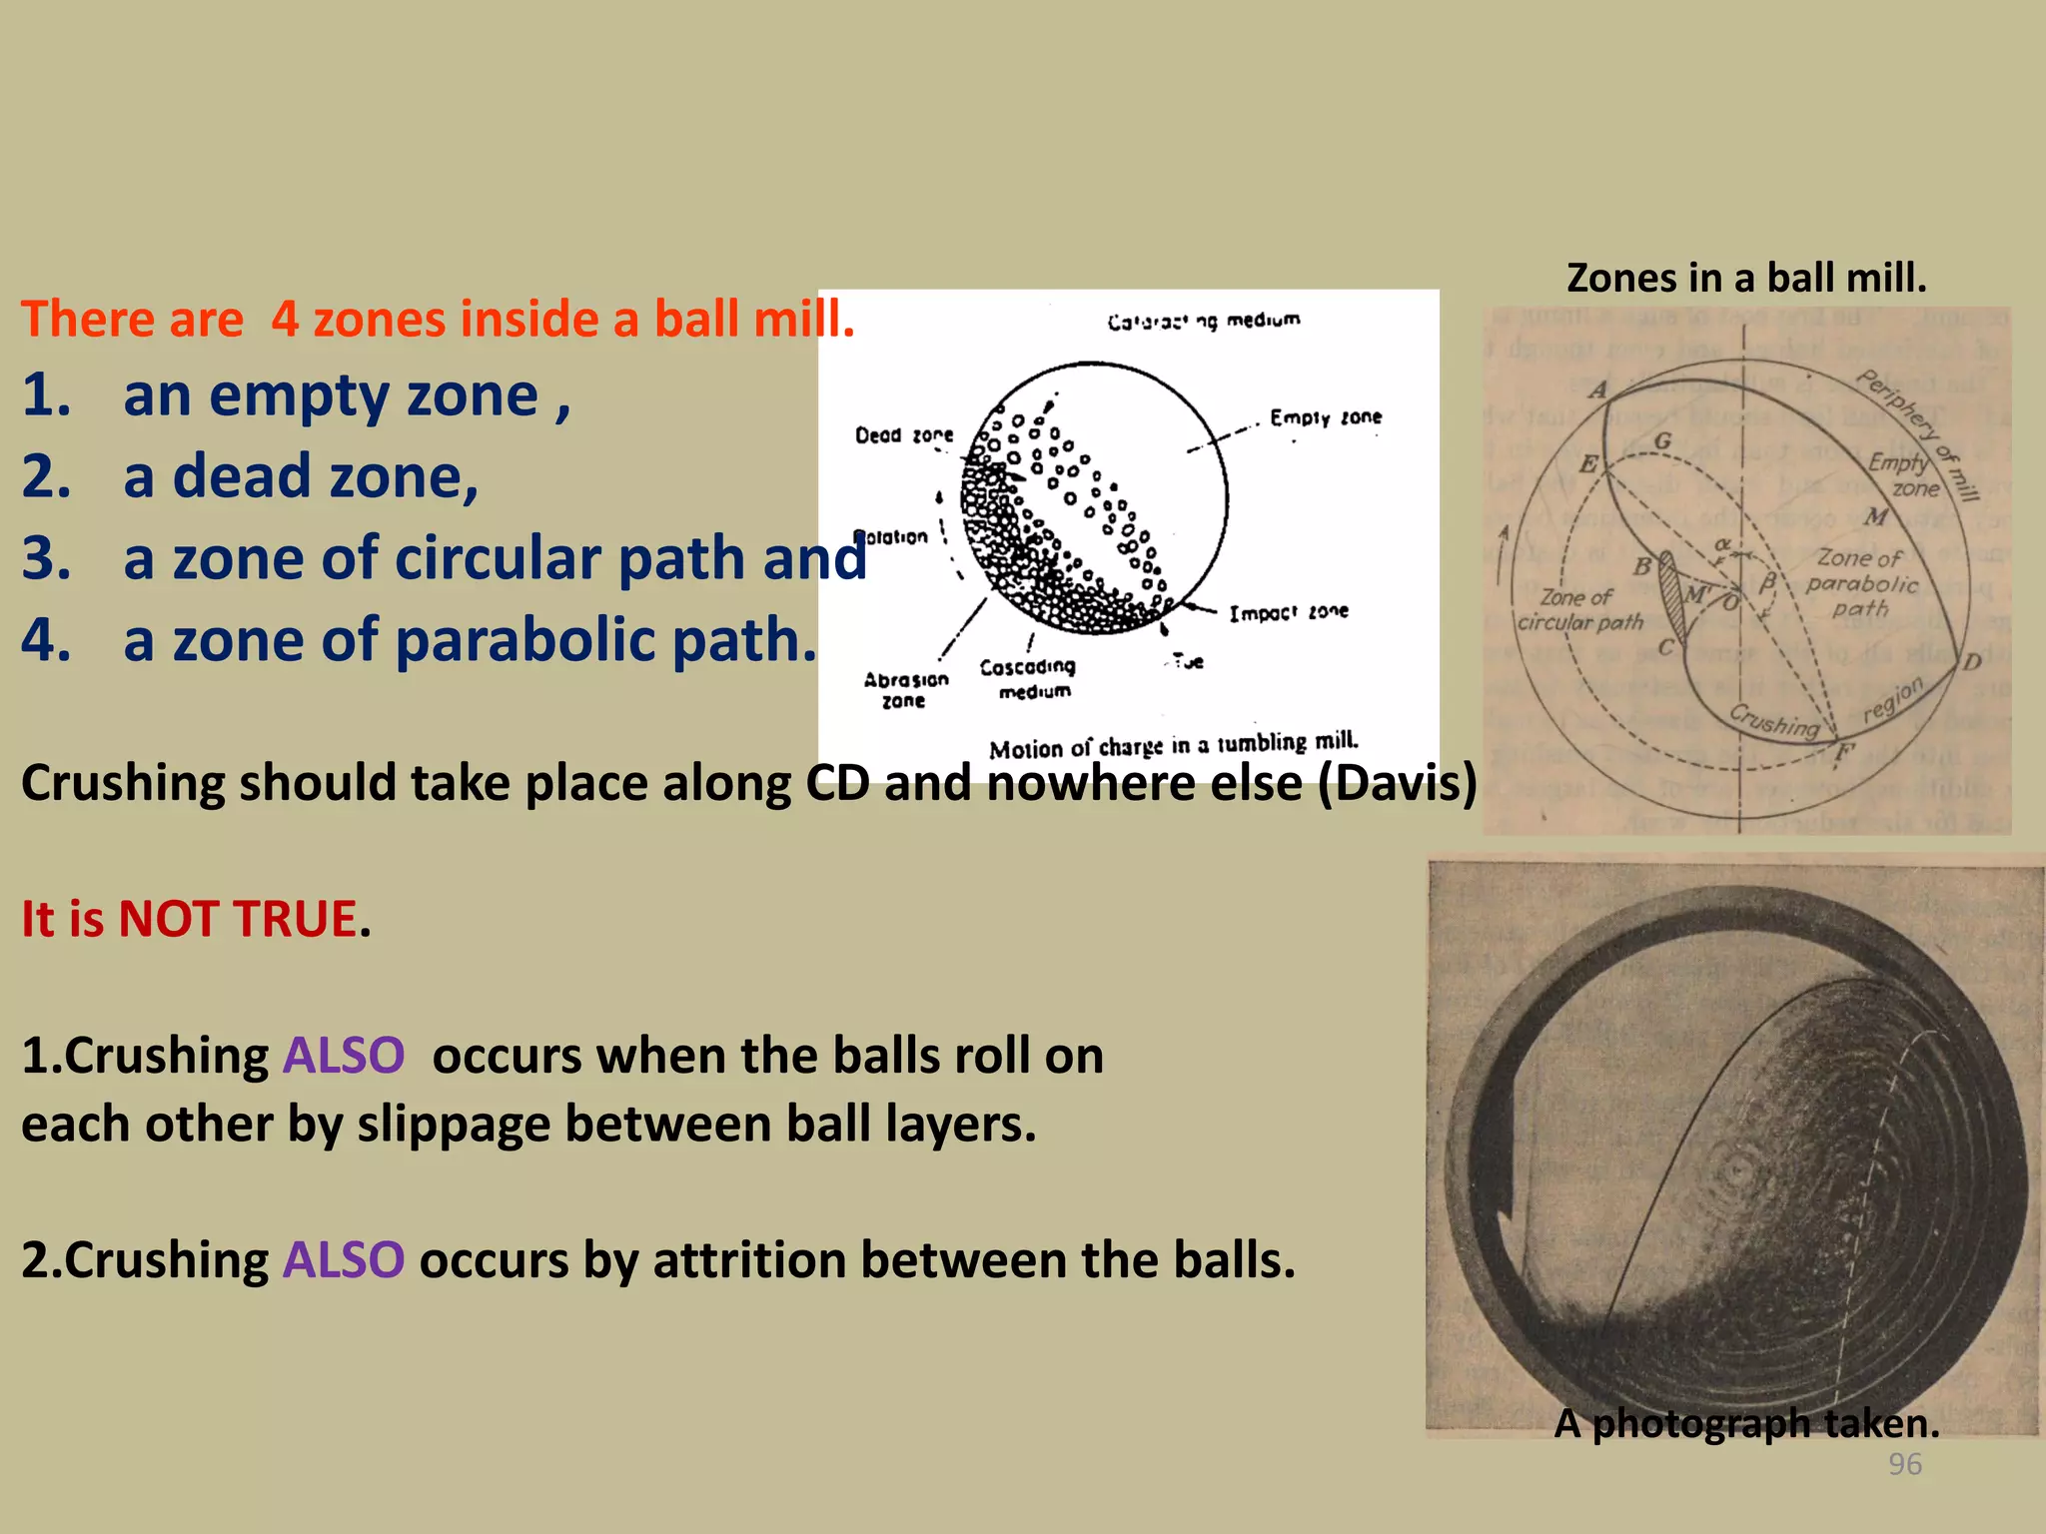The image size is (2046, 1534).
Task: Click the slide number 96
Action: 1904,1464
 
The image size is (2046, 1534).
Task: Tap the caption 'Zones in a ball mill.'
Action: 1745,278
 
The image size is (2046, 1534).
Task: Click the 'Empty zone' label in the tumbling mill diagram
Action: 1325,417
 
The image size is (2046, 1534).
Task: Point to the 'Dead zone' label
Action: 903,435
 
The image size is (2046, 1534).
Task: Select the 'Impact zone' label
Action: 1288,612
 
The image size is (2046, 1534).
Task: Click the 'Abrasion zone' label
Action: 905,689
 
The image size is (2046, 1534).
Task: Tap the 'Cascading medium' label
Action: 1028,678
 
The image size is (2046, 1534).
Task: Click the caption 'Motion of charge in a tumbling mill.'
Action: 1173,745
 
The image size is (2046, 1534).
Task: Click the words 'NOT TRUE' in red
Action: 237,919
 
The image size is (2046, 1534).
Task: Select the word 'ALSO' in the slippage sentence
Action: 343,1056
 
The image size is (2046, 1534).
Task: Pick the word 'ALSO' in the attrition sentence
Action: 343,1260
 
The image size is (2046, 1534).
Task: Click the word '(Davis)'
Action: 1397,783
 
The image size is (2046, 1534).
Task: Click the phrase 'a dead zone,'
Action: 300,476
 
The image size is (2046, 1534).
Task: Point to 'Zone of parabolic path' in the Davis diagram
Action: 1861,583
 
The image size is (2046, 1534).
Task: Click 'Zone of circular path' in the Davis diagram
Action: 1578,609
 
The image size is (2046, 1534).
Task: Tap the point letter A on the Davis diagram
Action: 1598,389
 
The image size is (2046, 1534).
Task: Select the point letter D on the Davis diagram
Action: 1971,662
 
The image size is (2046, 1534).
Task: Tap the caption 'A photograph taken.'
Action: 1745,1423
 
